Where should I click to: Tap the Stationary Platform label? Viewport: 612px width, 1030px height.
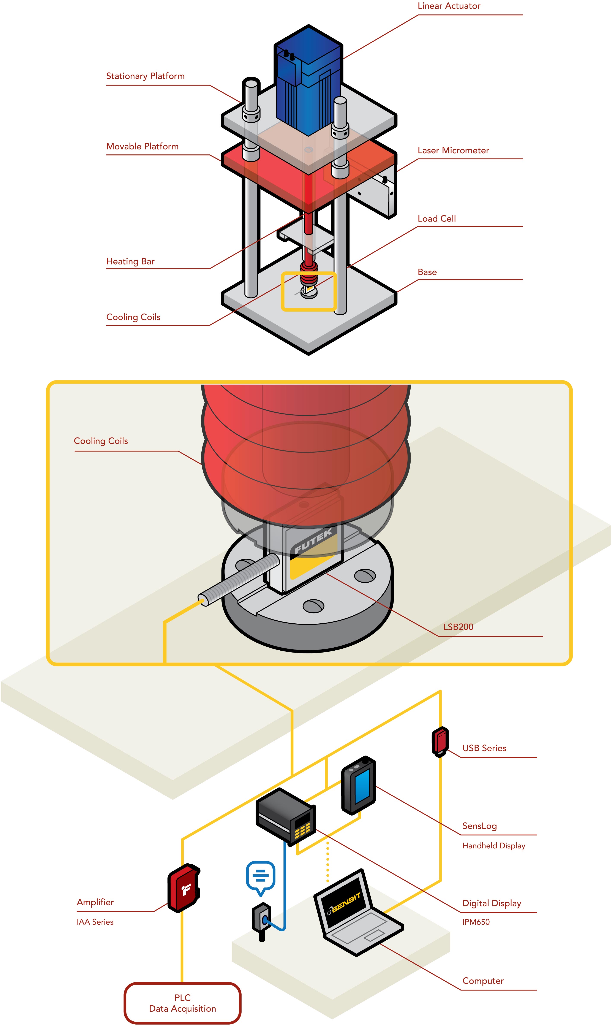pyautogui.click(x=145, y=76)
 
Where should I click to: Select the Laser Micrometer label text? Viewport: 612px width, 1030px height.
pyautogui.click(x=453, y=151)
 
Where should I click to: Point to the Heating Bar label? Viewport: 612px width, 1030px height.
pyautogui.click(x=130, y=261)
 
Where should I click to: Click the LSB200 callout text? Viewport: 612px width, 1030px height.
pyautogui.click(x=458, y=627)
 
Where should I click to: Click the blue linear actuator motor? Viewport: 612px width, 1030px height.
pyautogui.click(x=308, y=82)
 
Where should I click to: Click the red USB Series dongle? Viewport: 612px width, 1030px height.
pyautogui.click(x=440, y=741)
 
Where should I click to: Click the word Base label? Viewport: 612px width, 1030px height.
pyautogui.click(x=427, y=272)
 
